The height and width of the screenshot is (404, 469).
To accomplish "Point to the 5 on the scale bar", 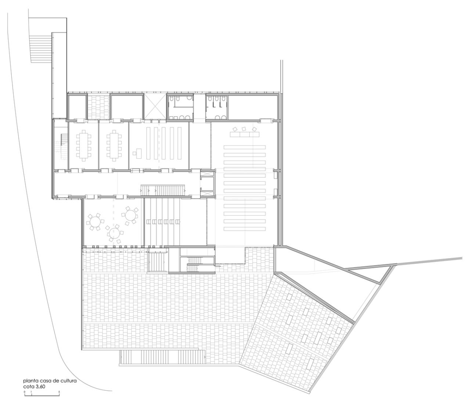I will click(x=59, y=392).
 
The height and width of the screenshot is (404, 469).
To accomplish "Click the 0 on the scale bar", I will click(x=24, y=392).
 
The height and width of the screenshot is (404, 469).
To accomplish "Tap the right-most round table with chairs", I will click(x=131, y=216).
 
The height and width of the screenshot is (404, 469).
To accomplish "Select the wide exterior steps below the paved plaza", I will click(x=162, y=357).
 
